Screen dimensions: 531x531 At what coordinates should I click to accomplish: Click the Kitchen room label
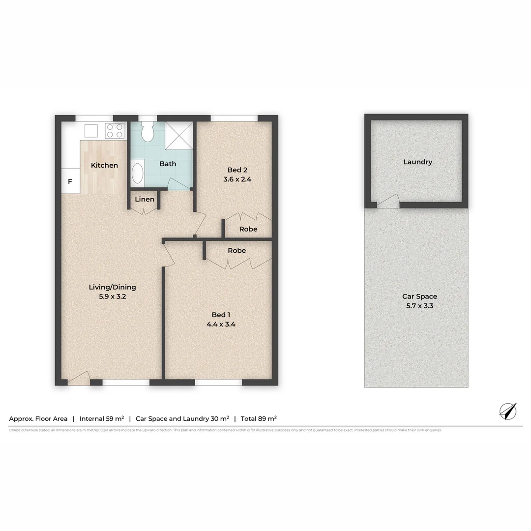tap(104, 165)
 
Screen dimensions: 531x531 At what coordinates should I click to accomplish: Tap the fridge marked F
tap(70, 181)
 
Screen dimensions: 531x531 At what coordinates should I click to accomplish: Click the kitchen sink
tap(91, 130)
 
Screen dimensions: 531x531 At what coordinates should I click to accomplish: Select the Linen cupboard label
tap(145, 199)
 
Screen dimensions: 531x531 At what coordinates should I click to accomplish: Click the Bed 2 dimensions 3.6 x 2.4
tap(237, 179)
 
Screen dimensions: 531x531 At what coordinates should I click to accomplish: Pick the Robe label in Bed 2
tap(248, 229)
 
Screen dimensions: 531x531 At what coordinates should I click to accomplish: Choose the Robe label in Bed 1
tap(236, 250)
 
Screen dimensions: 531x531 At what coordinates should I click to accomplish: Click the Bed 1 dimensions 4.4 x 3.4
tap(220, 324)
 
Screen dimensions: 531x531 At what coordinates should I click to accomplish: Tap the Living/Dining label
tap(112, 287)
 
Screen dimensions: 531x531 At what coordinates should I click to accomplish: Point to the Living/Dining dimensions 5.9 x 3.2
tap(112, 296)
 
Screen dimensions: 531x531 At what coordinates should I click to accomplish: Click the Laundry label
tap(417, 162)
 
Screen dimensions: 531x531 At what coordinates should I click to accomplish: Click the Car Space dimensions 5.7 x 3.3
tap(419, 306)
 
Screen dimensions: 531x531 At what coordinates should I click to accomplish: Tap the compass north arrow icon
tap(508, 411)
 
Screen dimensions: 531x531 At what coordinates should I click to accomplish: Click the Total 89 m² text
tap(259, 419)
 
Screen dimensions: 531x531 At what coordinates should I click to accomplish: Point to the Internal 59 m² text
tap(101, 419)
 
